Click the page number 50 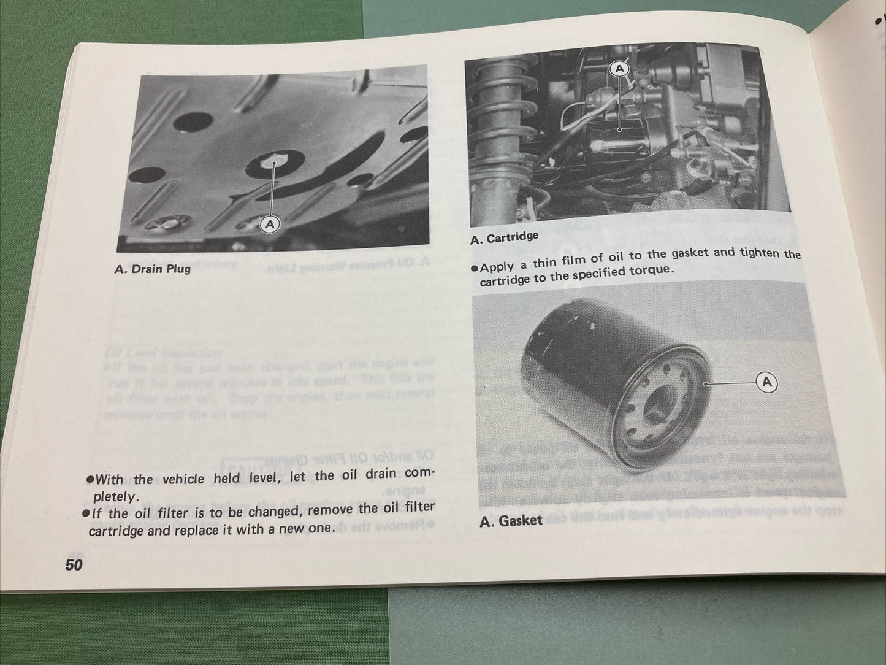coord(74,565)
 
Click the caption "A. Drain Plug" coord(152,268)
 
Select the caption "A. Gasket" coord(511,520)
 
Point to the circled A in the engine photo coord(620,69)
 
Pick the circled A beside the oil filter coord(766,383)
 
